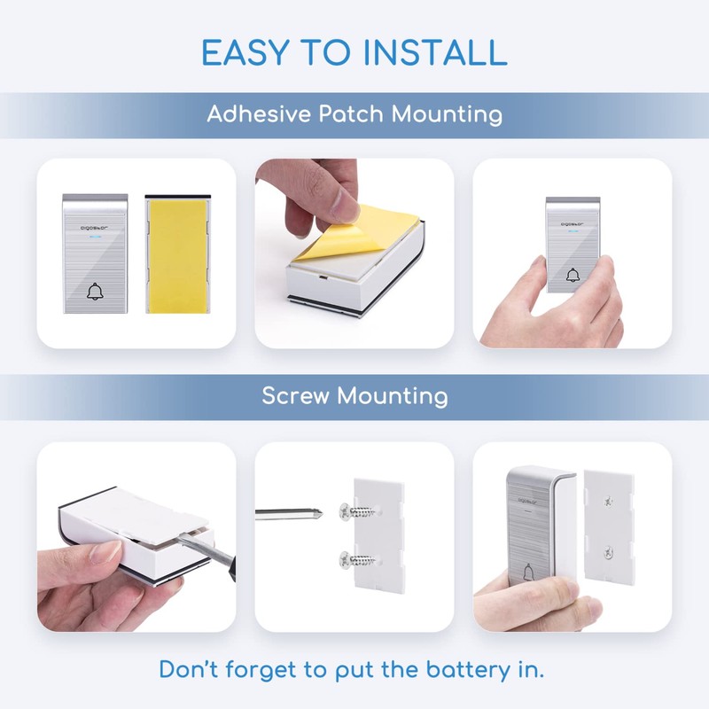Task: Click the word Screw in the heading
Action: pos(297,395)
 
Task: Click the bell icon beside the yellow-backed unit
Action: pos(94,292)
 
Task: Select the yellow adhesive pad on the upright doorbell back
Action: pos(177,255)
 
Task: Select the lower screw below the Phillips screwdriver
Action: pos(344,558)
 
